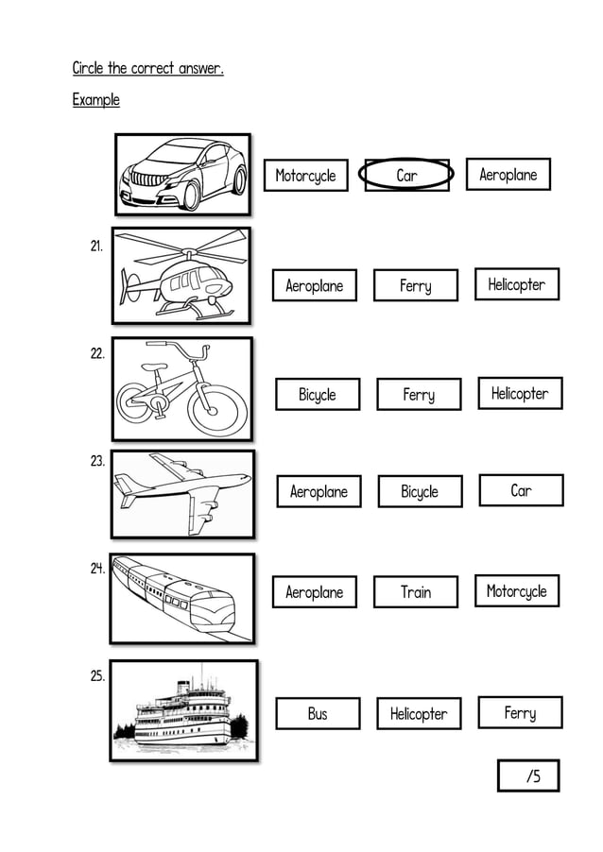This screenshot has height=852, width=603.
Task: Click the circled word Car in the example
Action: tap(407, 175)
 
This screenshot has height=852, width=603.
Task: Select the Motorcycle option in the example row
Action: tap(305, 176)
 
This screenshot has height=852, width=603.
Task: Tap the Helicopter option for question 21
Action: tap(517, 284)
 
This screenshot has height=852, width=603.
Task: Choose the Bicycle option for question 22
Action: tap(318, 395)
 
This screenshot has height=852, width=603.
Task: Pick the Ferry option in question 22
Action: tap(419, 395)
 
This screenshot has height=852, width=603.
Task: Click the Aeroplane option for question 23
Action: tap(319, 491)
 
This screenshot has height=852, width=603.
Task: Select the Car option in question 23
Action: tap(521, 490)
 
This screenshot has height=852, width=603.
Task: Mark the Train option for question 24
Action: tap(416, 592)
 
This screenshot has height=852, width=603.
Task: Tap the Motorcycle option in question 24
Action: tap(517, 591)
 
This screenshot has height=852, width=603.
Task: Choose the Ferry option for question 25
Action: tap(520, 713)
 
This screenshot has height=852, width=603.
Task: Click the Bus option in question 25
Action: tap(318, 714)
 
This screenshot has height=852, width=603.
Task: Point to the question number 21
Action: tap(96, 247)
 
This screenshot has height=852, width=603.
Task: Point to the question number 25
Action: tap(97, 676)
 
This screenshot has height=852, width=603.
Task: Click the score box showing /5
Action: tap(529, 775)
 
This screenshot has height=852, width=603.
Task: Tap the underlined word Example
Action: tap(96, 100)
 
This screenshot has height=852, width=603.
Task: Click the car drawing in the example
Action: tap(182, 175)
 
